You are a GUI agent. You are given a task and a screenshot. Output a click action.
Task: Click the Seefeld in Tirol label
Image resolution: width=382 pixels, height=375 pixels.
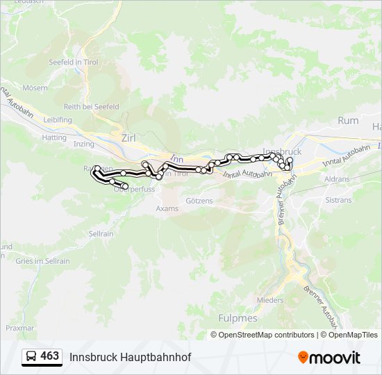[75, 62]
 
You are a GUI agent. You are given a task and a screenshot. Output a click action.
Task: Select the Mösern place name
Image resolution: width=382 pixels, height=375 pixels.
[35, 88]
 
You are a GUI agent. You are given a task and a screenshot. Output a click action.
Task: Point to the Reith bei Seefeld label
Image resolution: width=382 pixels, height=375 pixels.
[92, 106]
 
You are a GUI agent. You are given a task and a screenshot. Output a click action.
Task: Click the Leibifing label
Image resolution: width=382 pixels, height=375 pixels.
[58, 119]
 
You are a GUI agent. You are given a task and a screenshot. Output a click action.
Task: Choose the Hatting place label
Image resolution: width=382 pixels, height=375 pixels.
[54, 137]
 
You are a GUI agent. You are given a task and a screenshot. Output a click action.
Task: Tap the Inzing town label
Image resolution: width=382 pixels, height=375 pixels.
[83, 144]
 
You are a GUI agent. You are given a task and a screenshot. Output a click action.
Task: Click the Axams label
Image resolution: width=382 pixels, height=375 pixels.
[167, 208]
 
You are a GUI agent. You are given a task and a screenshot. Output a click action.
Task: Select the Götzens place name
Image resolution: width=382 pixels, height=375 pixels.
[199, 201]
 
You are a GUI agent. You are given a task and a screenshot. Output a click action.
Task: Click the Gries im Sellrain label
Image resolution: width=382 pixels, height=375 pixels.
[43, 260]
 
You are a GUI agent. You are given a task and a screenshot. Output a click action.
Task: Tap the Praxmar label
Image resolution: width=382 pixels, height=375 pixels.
[20, 326]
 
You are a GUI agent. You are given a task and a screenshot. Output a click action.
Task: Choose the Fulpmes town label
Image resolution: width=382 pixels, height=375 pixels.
[238, 318]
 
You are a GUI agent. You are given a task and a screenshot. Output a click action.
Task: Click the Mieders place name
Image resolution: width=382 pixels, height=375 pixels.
[270, 300]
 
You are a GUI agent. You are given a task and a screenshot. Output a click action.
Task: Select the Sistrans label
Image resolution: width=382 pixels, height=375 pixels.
[339, 199]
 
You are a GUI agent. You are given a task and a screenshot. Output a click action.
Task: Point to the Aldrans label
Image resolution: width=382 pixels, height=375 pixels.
[337, 178]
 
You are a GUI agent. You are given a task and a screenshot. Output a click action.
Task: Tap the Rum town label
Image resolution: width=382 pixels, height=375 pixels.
[348, 120]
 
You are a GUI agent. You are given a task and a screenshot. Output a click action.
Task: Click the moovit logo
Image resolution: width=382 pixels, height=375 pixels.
[329, 358]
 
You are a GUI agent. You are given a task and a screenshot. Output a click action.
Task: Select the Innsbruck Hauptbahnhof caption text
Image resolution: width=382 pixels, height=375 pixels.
[130, 357]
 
